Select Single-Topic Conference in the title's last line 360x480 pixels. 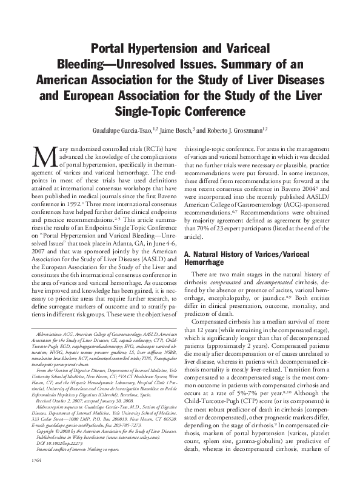point(180,112)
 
